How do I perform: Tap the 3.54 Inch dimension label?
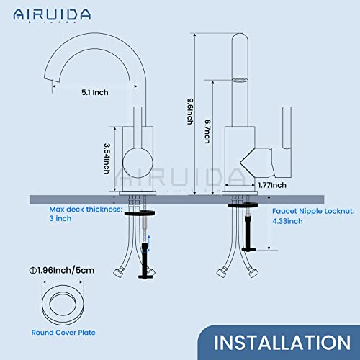108,157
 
